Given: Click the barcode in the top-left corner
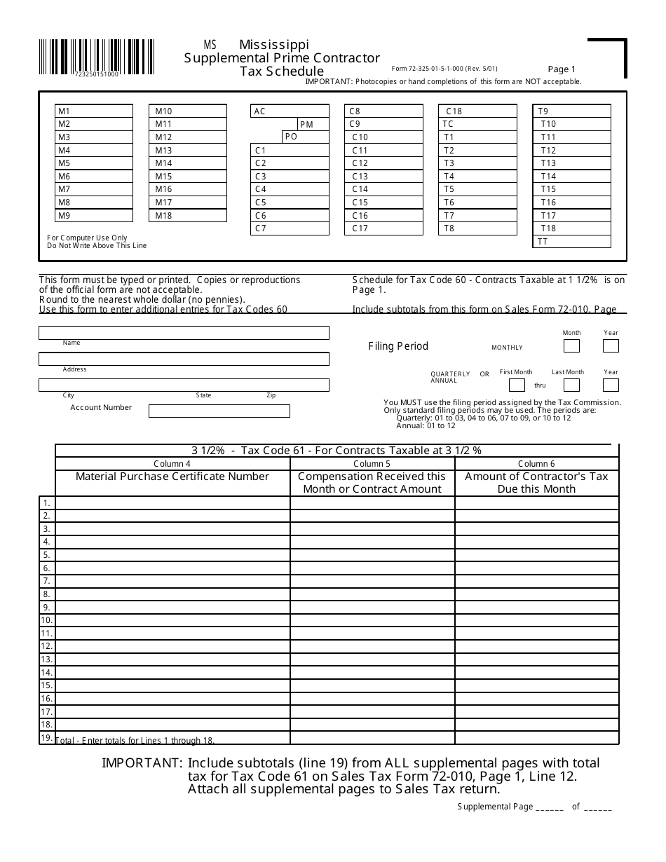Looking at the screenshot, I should coord(96,55).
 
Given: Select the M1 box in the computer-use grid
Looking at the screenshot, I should coord(94,111).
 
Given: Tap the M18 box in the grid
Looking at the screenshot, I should coord(188,216).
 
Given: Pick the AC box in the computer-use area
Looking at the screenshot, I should coord(290,111).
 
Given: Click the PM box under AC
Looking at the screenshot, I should coord(313,125).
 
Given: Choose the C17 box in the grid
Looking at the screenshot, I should coord(383,228).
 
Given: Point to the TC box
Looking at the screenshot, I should coord(477,125).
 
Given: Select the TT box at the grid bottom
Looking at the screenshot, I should coord(571,242).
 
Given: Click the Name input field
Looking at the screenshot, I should coord(184,332).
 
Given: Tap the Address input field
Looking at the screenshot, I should coord(184,359).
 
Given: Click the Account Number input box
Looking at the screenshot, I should coord(219,411).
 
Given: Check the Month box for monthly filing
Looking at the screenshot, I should coord(572,346).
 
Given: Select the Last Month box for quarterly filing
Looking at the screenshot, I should coord(572,385).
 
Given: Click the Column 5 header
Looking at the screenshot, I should coord(372,464).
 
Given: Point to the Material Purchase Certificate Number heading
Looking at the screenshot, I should coord(172,477).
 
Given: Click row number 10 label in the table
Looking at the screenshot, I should coord(46,620).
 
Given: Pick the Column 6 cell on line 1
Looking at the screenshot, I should coord(536,502).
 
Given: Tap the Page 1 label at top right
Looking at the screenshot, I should coord(562,69).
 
